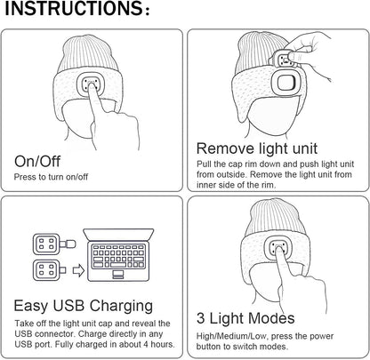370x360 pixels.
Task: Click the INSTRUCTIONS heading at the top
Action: coord(77,9)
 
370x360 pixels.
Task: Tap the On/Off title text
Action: coord(37,162)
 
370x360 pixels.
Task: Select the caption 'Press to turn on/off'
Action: coord(51,177)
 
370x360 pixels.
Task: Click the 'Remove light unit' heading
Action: coord(257,148)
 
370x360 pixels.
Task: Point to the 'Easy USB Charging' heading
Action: coord(84,306)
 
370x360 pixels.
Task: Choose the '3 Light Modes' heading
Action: coord(245,318)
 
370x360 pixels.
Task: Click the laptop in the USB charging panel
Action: coord(118,255)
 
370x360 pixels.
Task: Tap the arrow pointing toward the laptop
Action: coord(78,270)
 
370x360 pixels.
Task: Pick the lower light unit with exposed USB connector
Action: coord(49,270)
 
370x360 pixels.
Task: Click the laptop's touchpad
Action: coord(118,274)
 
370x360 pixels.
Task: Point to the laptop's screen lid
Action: coord(118,235)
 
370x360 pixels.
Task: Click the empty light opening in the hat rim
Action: coord(285,83)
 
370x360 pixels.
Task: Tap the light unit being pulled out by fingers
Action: coord(284,60)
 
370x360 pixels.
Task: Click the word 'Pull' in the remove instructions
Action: coord(204,164)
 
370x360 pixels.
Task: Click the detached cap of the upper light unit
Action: coord(68,244)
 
